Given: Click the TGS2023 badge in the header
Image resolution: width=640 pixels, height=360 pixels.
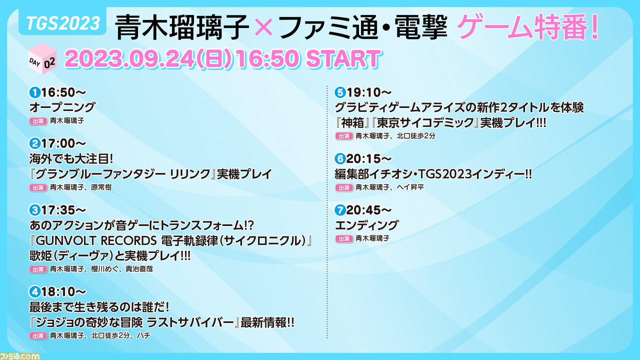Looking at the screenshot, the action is click(62, 23).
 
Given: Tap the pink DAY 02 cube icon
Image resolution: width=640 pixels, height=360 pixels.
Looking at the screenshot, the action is click(42, 59).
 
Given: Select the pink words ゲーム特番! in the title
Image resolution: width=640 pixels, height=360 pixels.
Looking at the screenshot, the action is click(527, 26).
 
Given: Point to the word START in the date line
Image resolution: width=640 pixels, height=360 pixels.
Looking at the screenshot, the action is click(343, 59).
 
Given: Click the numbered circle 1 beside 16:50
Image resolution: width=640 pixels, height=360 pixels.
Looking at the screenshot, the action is click(35, 92).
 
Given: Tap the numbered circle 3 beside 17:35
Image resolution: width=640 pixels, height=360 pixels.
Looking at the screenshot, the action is click(35, 210).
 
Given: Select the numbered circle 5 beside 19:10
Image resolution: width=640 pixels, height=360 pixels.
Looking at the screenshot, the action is click(340, 92).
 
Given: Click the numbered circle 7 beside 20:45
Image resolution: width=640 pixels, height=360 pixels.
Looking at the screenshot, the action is click(340, 210).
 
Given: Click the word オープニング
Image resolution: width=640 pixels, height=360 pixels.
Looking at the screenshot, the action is click(62, 107).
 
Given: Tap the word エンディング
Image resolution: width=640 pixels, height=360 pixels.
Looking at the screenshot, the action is click(366, 225).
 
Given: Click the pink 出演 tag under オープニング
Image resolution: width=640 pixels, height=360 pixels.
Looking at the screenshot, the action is click(38, 121).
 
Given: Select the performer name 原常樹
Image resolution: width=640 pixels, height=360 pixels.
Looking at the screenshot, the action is click(101, 187).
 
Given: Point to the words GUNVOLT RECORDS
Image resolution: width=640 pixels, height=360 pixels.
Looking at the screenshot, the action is click(96, 241).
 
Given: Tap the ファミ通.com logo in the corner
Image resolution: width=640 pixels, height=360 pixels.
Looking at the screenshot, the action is click(19, 356).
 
